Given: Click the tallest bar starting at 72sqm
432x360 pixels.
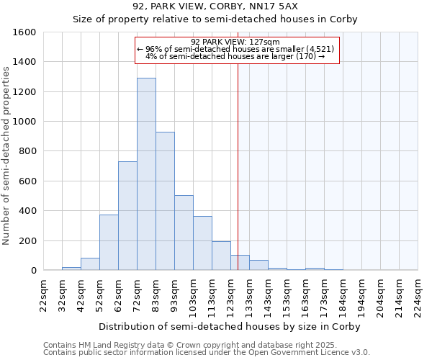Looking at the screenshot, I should pyautogui.click(x=146, y=174).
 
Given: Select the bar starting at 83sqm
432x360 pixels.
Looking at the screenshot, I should pyautogui.click(x=165, y=201).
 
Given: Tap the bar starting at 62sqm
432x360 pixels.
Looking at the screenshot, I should pyautogui.click(x=127, y=216).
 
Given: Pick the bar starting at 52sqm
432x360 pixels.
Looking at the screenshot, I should pyautogui.click(x=109, y=243).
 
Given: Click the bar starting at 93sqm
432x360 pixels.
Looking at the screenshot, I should pyautogui.click(x=184, y=233).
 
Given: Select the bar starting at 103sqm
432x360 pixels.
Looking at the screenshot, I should pyautogui.click(x=202, y=243).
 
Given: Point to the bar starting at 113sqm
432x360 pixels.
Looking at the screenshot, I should pyautogui.click(x=221, y=256).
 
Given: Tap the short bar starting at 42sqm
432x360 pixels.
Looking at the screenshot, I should pyautogui.click(x=90, y=264).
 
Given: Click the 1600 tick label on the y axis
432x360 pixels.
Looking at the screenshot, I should pyautogui.click(x=24, y=32).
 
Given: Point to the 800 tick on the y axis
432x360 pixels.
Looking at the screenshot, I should pyautogui.click(x=27, y=151).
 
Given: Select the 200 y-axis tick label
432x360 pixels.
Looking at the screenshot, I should pyautogui.click(x=27, y=240).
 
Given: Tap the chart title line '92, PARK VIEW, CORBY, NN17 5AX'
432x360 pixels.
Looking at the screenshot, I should pyautogui.click(x=215, y=6).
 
